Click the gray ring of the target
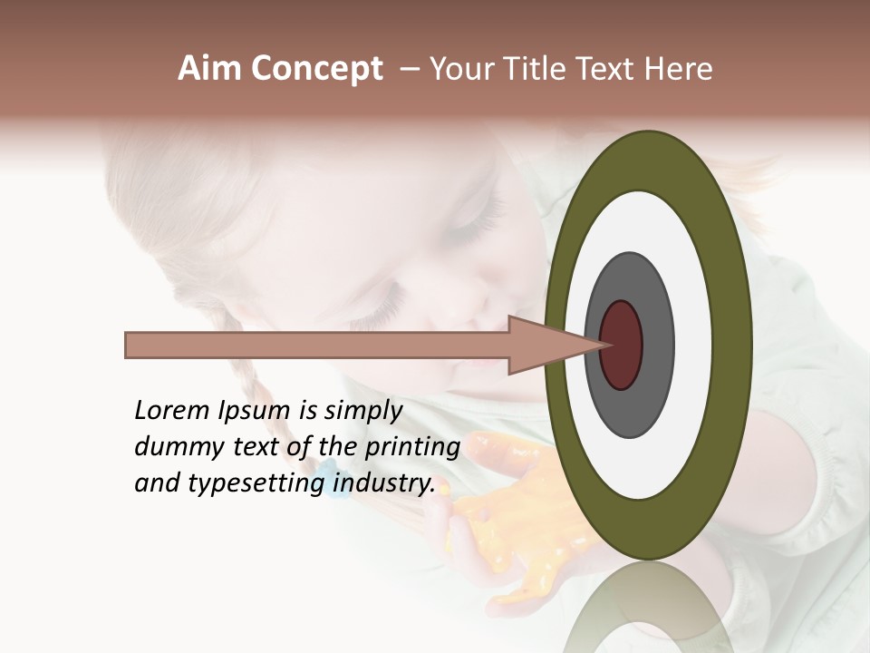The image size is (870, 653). pyautogui.click(x=656, y=345)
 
